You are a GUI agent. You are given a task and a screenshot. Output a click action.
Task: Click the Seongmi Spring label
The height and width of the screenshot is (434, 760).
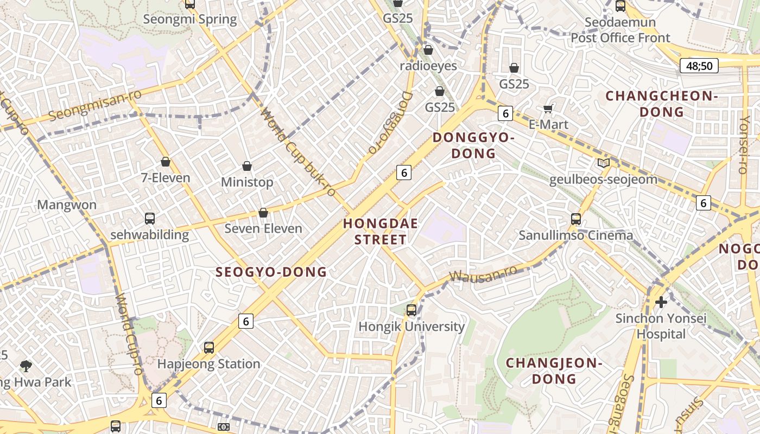click(x=190, y=20)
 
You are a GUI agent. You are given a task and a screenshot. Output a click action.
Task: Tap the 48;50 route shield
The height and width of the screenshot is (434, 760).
click(x=699, y=66)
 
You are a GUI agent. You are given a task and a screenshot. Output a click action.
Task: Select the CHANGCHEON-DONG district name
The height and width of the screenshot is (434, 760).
click(x=662, y=104)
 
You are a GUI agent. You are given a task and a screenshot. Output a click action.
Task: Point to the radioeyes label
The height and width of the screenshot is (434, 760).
click(x=428, y=66)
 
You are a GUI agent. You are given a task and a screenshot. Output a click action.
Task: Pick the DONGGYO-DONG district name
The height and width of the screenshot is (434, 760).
click(x=473, y=145)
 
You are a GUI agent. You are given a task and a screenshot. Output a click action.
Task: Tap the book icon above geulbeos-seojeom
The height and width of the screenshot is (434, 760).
click(x=603, y=163)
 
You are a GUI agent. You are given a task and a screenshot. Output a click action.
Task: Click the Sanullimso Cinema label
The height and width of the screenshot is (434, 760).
click(x=575, y=235)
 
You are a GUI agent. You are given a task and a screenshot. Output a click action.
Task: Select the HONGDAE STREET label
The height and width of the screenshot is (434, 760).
click(x=381, y=232)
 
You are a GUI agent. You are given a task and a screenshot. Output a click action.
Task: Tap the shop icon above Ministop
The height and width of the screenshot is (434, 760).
click(x=247, y=166)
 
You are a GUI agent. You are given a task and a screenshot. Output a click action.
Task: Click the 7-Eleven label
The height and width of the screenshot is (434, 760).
click(x=166, y=177)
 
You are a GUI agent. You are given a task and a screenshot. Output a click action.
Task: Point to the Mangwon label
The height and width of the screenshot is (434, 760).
click(x=67, y=205)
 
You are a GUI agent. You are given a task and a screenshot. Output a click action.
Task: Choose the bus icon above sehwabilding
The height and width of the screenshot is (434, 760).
click(x=150, y=219)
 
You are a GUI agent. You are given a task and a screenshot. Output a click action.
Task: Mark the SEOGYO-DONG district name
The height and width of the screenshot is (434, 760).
click(x=271, y=272)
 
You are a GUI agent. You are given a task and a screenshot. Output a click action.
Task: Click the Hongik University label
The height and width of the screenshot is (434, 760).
click(x=411, y=327)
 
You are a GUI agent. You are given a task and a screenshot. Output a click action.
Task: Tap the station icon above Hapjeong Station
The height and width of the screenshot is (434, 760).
click(x=209, y=348)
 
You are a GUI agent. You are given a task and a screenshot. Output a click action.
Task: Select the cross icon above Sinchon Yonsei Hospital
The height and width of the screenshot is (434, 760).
click(x=661, y=302)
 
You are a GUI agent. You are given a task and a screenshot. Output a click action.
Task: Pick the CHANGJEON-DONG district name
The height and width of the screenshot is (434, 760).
click(x=554, y=371)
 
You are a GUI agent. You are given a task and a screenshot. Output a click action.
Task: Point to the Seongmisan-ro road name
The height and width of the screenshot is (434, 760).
click(x=95, y=105)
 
